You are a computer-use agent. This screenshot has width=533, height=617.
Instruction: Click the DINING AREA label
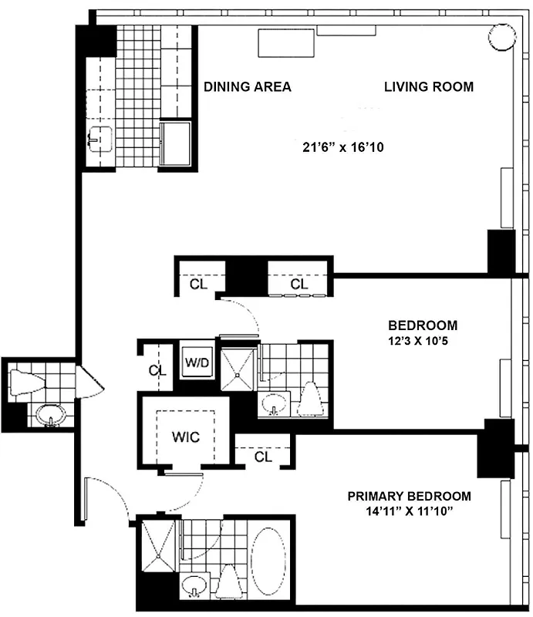click(247, 86)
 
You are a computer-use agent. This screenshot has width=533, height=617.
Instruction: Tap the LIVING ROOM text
click(428, 86)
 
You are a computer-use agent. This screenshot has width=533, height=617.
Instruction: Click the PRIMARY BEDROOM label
click(409, 496)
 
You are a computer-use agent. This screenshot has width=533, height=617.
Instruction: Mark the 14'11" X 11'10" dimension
click(409, 511)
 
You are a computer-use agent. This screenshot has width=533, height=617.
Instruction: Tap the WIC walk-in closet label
click(185, 437)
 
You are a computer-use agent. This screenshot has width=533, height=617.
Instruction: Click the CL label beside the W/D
click(157, 370)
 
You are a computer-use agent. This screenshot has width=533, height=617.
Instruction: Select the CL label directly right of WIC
click(263, 457)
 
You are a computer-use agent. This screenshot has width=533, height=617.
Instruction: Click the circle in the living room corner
click(502, 36)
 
